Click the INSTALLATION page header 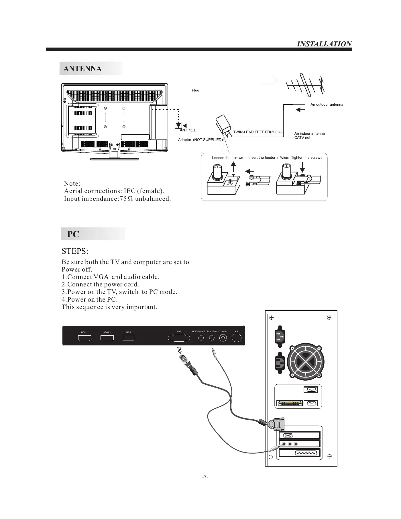tap(324, 44)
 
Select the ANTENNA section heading tap(82, 69)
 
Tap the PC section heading tap(73, 234)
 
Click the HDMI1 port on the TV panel tap(85, 338)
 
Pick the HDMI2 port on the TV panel tap(107, 338)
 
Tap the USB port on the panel tap(129, 338)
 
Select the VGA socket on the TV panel tap(179, 338)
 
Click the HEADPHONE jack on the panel tap(201, 338)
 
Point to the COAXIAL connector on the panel tap(223, 338)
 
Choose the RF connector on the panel tap(237, 338)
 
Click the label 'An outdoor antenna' tap(327, 105)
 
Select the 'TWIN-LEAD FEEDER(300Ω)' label tap(257, 132)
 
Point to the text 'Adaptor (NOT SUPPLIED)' tap(200, 140)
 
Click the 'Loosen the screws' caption tap(227, 158)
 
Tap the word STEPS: tap(75, 251)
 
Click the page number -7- tap(205, 477)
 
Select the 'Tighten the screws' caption tap(306, 158)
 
